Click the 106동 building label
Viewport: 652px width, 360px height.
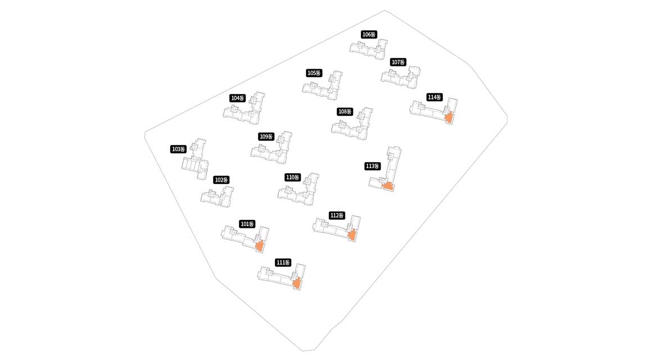369,34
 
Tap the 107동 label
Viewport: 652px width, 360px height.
398,62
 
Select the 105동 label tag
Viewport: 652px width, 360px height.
314,73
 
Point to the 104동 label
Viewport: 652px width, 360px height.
238,98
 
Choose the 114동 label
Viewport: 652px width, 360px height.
434,97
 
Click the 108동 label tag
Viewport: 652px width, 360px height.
345,111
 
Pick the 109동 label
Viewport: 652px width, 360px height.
266,137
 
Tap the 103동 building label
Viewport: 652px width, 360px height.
179,149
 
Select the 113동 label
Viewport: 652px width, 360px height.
373,166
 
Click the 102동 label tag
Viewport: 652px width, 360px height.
221,180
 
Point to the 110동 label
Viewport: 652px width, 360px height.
293,177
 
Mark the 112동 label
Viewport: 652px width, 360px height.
337,215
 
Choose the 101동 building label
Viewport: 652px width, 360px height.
247,224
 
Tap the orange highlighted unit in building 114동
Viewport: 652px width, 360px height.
449,118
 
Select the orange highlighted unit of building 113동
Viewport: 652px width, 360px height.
387,186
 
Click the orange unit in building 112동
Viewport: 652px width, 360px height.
352,235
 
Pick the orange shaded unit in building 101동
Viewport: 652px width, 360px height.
260,246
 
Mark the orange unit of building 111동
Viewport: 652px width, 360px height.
297,283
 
